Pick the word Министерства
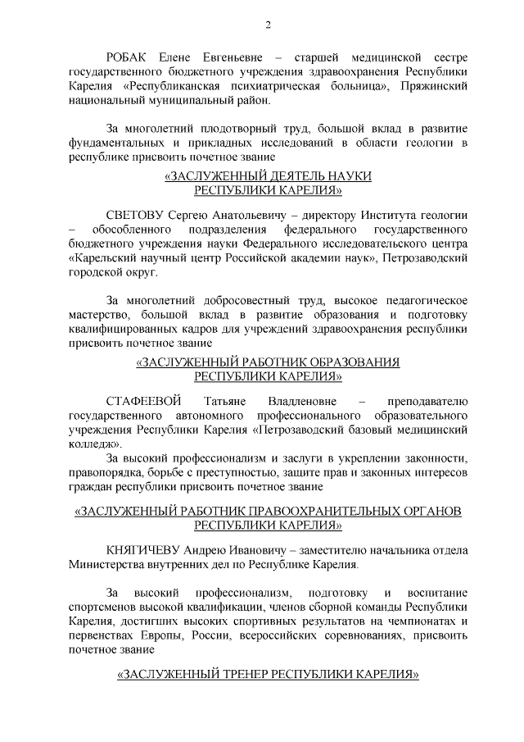[106, 565]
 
